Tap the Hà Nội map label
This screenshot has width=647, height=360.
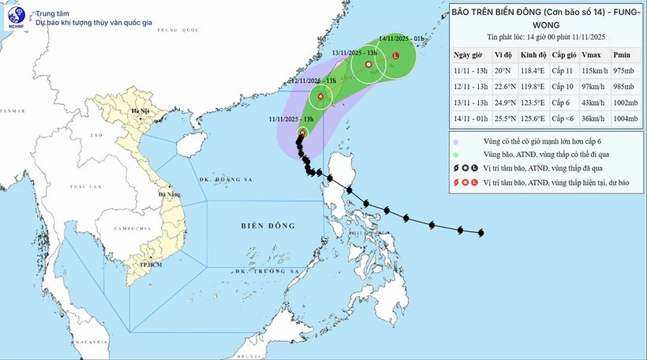[x=141, y=112]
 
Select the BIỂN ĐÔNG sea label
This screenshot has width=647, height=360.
[x=267, y=227]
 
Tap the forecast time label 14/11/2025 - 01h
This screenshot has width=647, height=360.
[x=403, y=37]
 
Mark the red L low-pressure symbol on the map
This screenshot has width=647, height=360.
[x=395, y=55]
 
